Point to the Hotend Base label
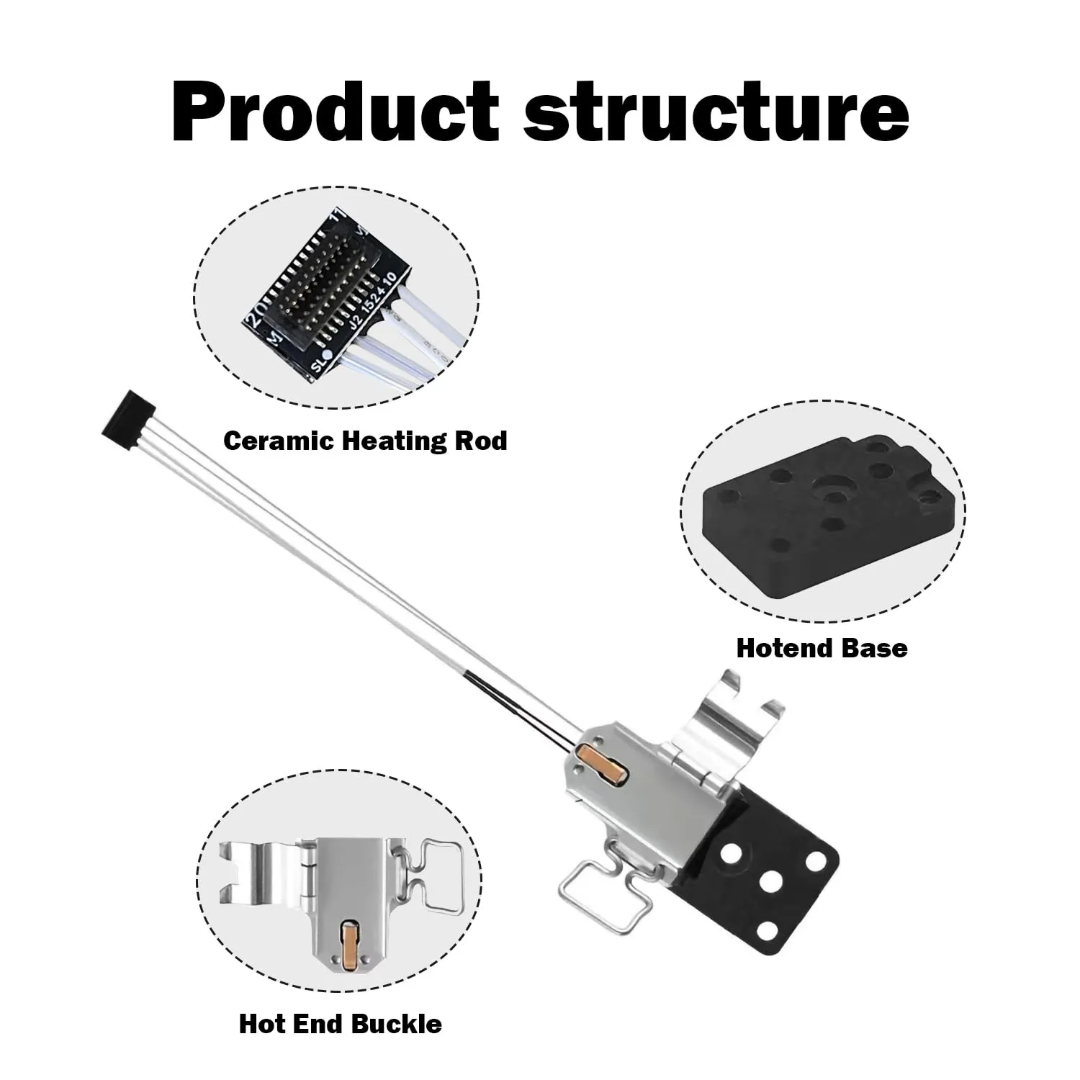[822, 648]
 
